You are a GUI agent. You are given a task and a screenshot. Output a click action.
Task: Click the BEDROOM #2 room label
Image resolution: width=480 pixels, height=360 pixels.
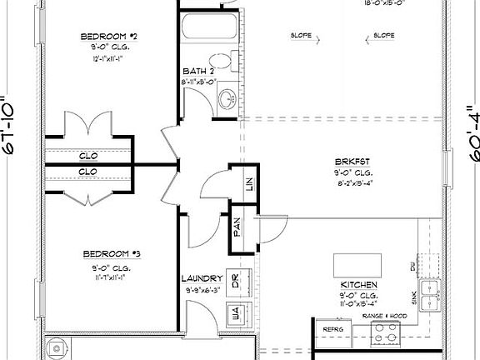pos(108,36)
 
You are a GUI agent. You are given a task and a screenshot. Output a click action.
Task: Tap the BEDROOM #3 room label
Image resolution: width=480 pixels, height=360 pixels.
pos(108,253)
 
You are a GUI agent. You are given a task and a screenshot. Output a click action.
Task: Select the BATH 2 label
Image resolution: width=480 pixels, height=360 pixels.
pos(197,72)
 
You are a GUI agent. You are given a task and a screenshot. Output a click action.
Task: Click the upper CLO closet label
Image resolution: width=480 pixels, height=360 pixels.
pos(88,156)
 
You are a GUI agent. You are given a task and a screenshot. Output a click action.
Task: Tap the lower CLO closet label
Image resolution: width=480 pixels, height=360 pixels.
pos(88,172)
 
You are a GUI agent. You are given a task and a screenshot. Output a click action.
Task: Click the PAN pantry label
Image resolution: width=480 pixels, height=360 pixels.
pos(237,227)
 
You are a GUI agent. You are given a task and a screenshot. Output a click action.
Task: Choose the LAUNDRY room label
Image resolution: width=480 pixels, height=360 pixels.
pos(202,278)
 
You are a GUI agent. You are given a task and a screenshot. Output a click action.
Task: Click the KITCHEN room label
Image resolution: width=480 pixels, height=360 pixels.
pos(358,286)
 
